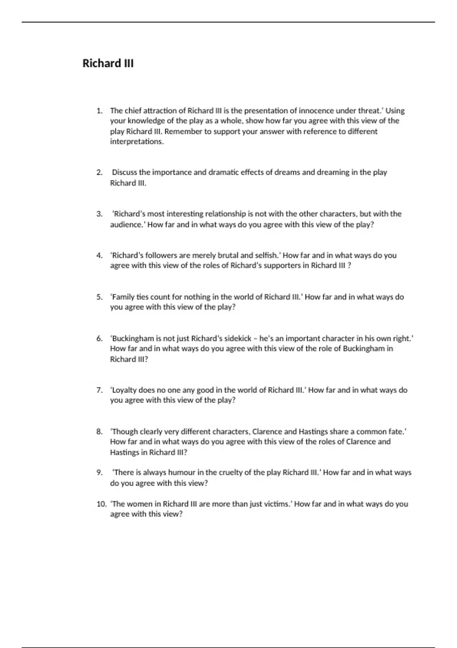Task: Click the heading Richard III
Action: point(108,63)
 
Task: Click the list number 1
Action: point(99,111)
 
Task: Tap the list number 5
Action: point(99,297)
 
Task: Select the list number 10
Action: point(101,504)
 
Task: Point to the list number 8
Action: point(99,431)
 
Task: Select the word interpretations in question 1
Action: point(136,142)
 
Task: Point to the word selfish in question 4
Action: point(267,255)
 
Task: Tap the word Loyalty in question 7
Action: point(123,390)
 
